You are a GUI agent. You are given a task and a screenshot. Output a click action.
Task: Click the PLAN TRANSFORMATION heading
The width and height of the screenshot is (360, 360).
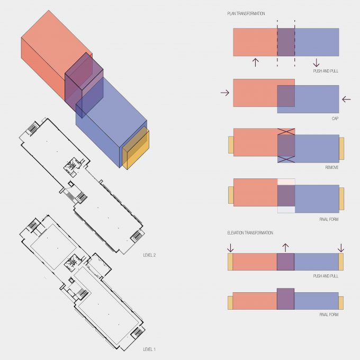[x=246, y=14]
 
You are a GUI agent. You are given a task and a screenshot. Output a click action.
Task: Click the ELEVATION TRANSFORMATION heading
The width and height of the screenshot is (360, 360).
[x=250, y=233]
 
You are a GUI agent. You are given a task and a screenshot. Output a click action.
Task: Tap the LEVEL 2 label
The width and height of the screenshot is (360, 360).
[x=149, y=255]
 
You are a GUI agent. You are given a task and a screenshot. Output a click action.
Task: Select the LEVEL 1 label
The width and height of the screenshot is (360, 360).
[x=149, y=349]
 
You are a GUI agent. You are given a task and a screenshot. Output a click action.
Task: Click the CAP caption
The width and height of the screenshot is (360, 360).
[x=335, y=119]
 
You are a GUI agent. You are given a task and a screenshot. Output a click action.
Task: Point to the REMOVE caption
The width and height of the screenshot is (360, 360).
[x=332, y=167]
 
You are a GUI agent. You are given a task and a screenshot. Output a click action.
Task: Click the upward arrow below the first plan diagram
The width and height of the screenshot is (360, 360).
[x=255, y=62]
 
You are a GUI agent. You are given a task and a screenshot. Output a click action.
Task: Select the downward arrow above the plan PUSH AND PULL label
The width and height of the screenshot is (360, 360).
[x=316, y=62]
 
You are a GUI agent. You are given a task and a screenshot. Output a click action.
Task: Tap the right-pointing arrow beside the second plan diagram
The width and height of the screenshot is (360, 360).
[x=225, y=93]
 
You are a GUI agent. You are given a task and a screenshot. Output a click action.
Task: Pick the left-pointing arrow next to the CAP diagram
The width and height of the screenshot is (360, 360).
[x=346, y=99]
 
